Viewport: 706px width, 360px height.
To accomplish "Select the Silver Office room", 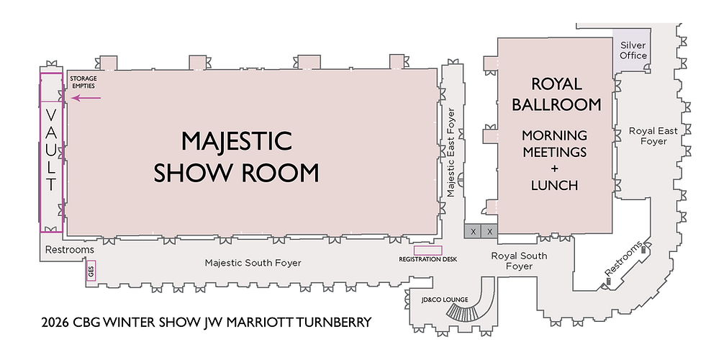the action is pyautogui.click(x=633, y=50).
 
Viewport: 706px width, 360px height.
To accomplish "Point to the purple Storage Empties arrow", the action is pyautogui.click(x=82, y=96).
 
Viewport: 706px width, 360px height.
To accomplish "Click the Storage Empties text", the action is pyautogui.click(x=83, y=81).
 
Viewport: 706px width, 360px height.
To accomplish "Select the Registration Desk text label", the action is pyautogui.click(x=427, y=259).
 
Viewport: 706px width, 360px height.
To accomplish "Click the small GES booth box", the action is pyautogui.click(x=91, y=271).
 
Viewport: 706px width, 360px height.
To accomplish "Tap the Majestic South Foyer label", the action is pyautogui.click(x=253, y=263).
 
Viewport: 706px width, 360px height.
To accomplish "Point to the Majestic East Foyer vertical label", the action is pyautogui.click(x=451, y=153).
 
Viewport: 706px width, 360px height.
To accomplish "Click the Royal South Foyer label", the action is pyautogui.click(x=519, y=261).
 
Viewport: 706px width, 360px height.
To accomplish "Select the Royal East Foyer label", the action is pyautogui.click(x=648, y=136).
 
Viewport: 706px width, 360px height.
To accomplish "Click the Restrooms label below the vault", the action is pyautogui.click(x=70, y=250).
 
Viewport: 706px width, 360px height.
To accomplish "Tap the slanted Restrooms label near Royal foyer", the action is pyautogui.click(x=623, y=258).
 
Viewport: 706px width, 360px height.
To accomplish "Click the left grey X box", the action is pyautogui.click(x=473, y=231).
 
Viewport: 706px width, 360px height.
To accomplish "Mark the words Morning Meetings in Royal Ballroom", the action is pyautogui.click(x=554, y=144).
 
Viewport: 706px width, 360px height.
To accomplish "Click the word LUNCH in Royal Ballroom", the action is pyautogui.click(x=554, y=185).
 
